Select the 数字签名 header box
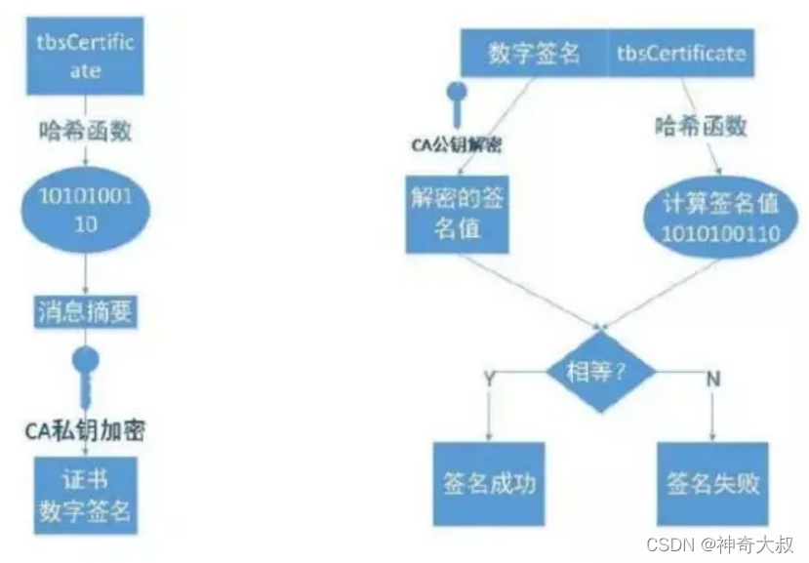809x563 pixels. click(534, 54)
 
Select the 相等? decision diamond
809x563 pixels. click(596, 370)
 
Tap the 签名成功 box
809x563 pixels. click(484, 485)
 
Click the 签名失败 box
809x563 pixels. click(712, 485)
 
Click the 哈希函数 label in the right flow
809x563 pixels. click(700, 126)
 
